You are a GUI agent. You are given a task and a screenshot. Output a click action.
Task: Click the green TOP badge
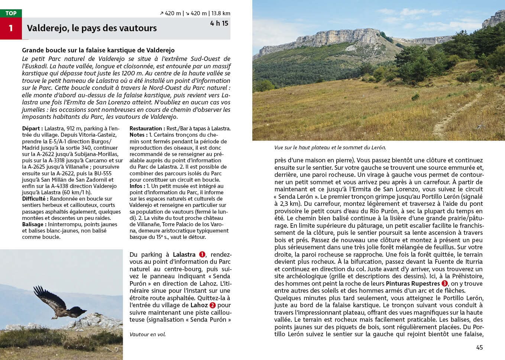[11, 13]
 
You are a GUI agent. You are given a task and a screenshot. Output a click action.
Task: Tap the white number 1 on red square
[11, 28]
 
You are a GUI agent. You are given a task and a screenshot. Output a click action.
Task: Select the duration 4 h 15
[219, 23]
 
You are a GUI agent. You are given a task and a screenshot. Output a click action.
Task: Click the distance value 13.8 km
[221, 13]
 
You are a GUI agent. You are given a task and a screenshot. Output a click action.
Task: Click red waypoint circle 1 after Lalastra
[202, 254]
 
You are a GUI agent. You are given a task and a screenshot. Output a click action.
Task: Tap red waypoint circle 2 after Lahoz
[213, 305]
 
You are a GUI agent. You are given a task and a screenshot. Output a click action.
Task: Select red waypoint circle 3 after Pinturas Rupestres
[444, 283]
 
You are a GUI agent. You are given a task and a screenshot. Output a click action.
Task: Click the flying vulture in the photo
[56, 303]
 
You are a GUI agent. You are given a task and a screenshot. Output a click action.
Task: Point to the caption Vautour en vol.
[148, 334]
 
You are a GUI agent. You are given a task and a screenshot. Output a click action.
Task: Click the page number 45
[479, 347]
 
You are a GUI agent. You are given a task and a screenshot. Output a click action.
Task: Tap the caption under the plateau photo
[330, 147]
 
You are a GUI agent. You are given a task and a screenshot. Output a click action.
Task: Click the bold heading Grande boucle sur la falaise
[98, 50]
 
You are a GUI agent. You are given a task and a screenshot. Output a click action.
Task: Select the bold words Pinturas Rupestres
[412, 283]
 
